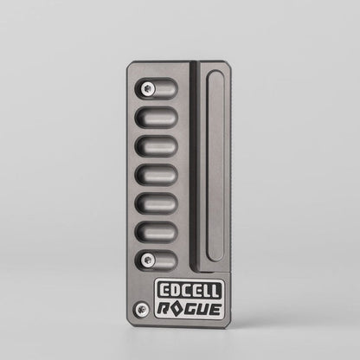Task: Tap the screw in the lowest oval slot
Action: coord(148,259)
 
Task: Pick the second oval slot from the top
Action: coord(157,117)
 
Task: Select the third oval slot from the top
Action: coord(157,145)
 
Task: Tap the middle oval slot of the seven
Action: coord(157,174)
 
